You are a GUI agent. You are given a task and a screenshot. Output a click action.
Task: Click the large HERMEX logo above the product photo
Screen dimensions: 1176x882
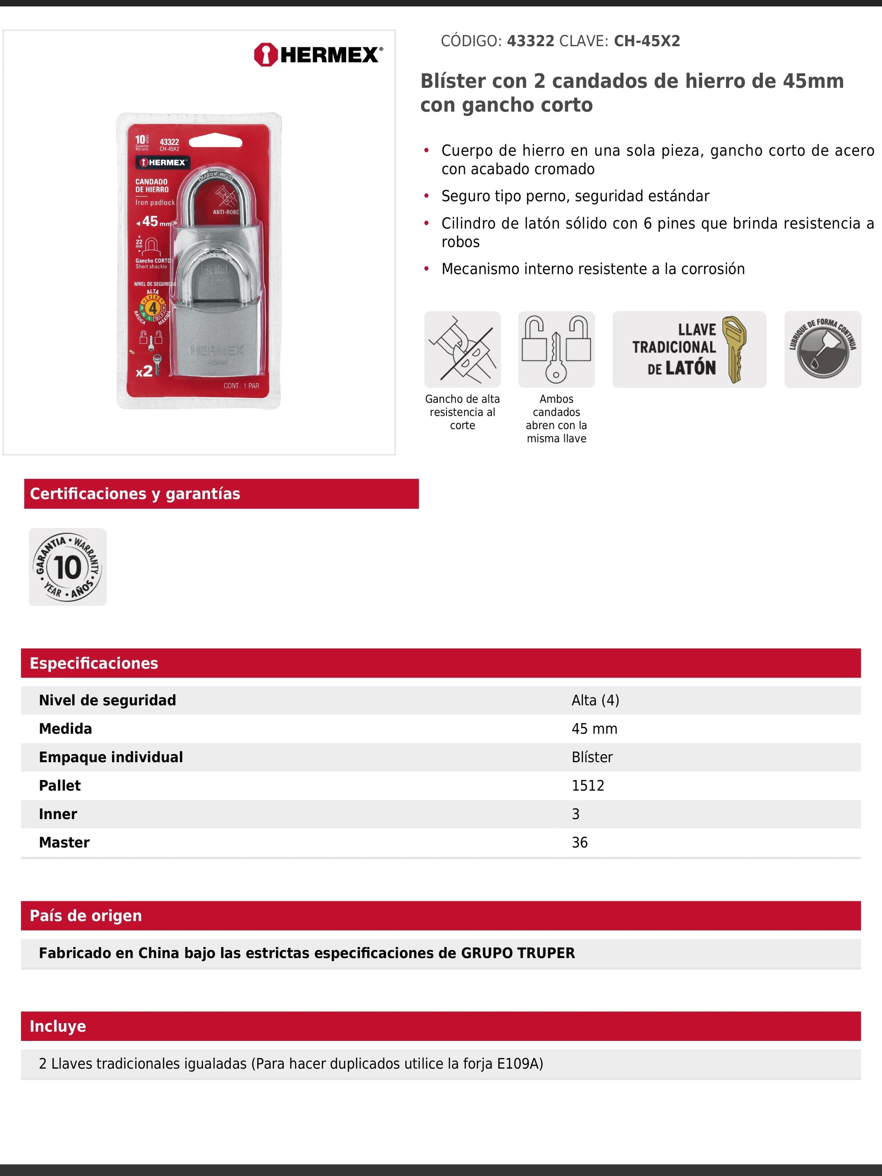tap(318, 55)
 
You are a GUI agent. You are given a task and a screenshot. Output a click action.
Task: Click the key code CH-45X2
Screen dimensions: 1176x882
tap(646, 41)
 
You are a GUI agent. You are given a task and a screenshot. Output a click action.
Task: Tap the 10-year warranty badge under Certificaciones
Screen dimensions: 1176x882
tap(68, 567)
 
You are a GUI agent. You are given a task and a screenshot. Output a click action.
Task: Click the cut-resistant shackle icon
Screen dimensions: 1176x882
tap(462, 349)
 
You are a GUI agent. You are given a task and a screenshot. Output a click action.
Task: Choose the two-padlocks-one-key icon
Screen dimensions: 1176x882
tap(556, 349)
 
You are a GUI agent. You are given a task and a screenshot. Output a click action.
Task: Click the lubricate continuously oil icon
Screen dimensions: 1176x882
tap(823, 349)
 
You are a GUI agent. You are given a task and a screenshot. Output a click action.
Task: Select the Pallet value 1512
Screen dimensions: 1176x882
tap(587, 786)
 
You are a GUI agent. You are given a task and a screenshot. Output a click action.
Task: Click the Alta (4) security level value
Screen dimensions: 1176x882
tap(595, 700)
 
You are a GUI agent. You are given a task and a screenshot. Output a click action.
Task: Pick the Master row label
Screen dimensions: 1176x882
tap(64, 842)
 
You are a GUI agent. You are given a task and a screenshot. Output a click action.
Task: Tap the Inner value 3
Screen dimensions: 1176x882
tap(575, 814)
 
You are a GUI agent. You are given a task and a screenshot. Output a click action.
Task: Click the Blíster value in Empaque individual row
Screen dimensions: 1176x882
tap(592, 757)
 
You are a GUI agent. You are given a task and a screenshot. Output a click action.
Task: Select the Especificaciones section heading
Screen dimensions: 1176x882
tap(93, 663)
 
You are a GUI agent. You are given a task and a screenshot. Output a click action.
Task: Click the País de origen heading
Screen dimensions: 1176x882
tap(86, 915)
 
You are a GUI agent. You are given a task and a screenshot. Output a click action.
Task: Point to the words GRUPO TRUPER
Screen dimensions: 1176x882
tap(517, 953)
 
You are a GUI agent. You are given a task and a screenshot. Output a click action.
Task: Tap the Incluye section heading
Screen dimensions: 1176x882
tap(58, 1026)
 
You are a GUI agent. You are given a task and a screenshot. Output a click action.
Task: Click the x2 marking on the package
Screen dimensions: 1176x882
tap(144, 371)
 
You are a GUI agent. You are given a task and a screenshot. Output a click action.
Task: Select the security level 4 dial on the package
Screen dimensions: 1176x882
tap(153, 308)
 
